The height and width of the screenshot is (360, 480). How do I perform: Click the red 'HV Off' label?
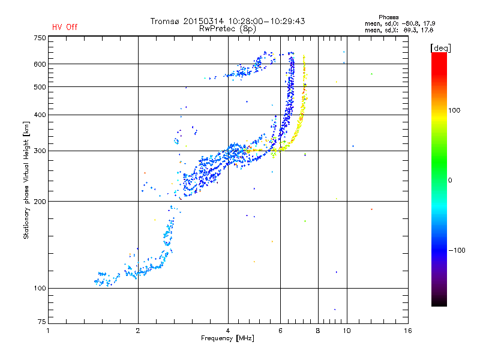65,27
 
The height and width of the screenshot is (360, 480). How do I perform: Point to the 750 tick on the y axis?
40,38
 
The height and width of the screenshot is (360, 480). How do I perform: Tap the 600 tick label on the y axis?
40,64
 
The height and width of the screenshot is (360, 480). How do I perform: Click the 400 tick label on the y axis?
40,115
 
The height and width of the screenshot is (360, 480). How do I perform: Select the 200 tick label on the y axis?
40,201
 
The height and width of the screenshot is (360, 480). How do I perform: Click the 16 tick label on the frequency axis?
408,331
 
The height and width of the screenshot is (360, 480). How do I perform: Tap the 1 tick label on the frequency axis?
48,331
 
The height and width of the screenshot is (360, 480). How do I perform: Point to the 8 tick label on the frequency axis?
318,331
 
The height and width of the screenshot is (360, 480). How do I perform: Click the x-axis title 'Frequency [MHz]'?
228,338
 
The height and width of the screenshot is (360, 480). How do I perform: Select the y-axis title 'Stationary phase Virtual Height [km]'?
26,180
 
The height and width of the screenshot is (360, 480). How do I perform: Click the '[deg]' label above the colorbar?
440,47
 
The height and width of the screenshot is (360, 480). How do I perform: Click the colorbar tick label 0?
451,180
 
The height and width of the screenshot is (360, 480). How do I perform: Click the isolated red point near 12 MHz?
371,209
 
